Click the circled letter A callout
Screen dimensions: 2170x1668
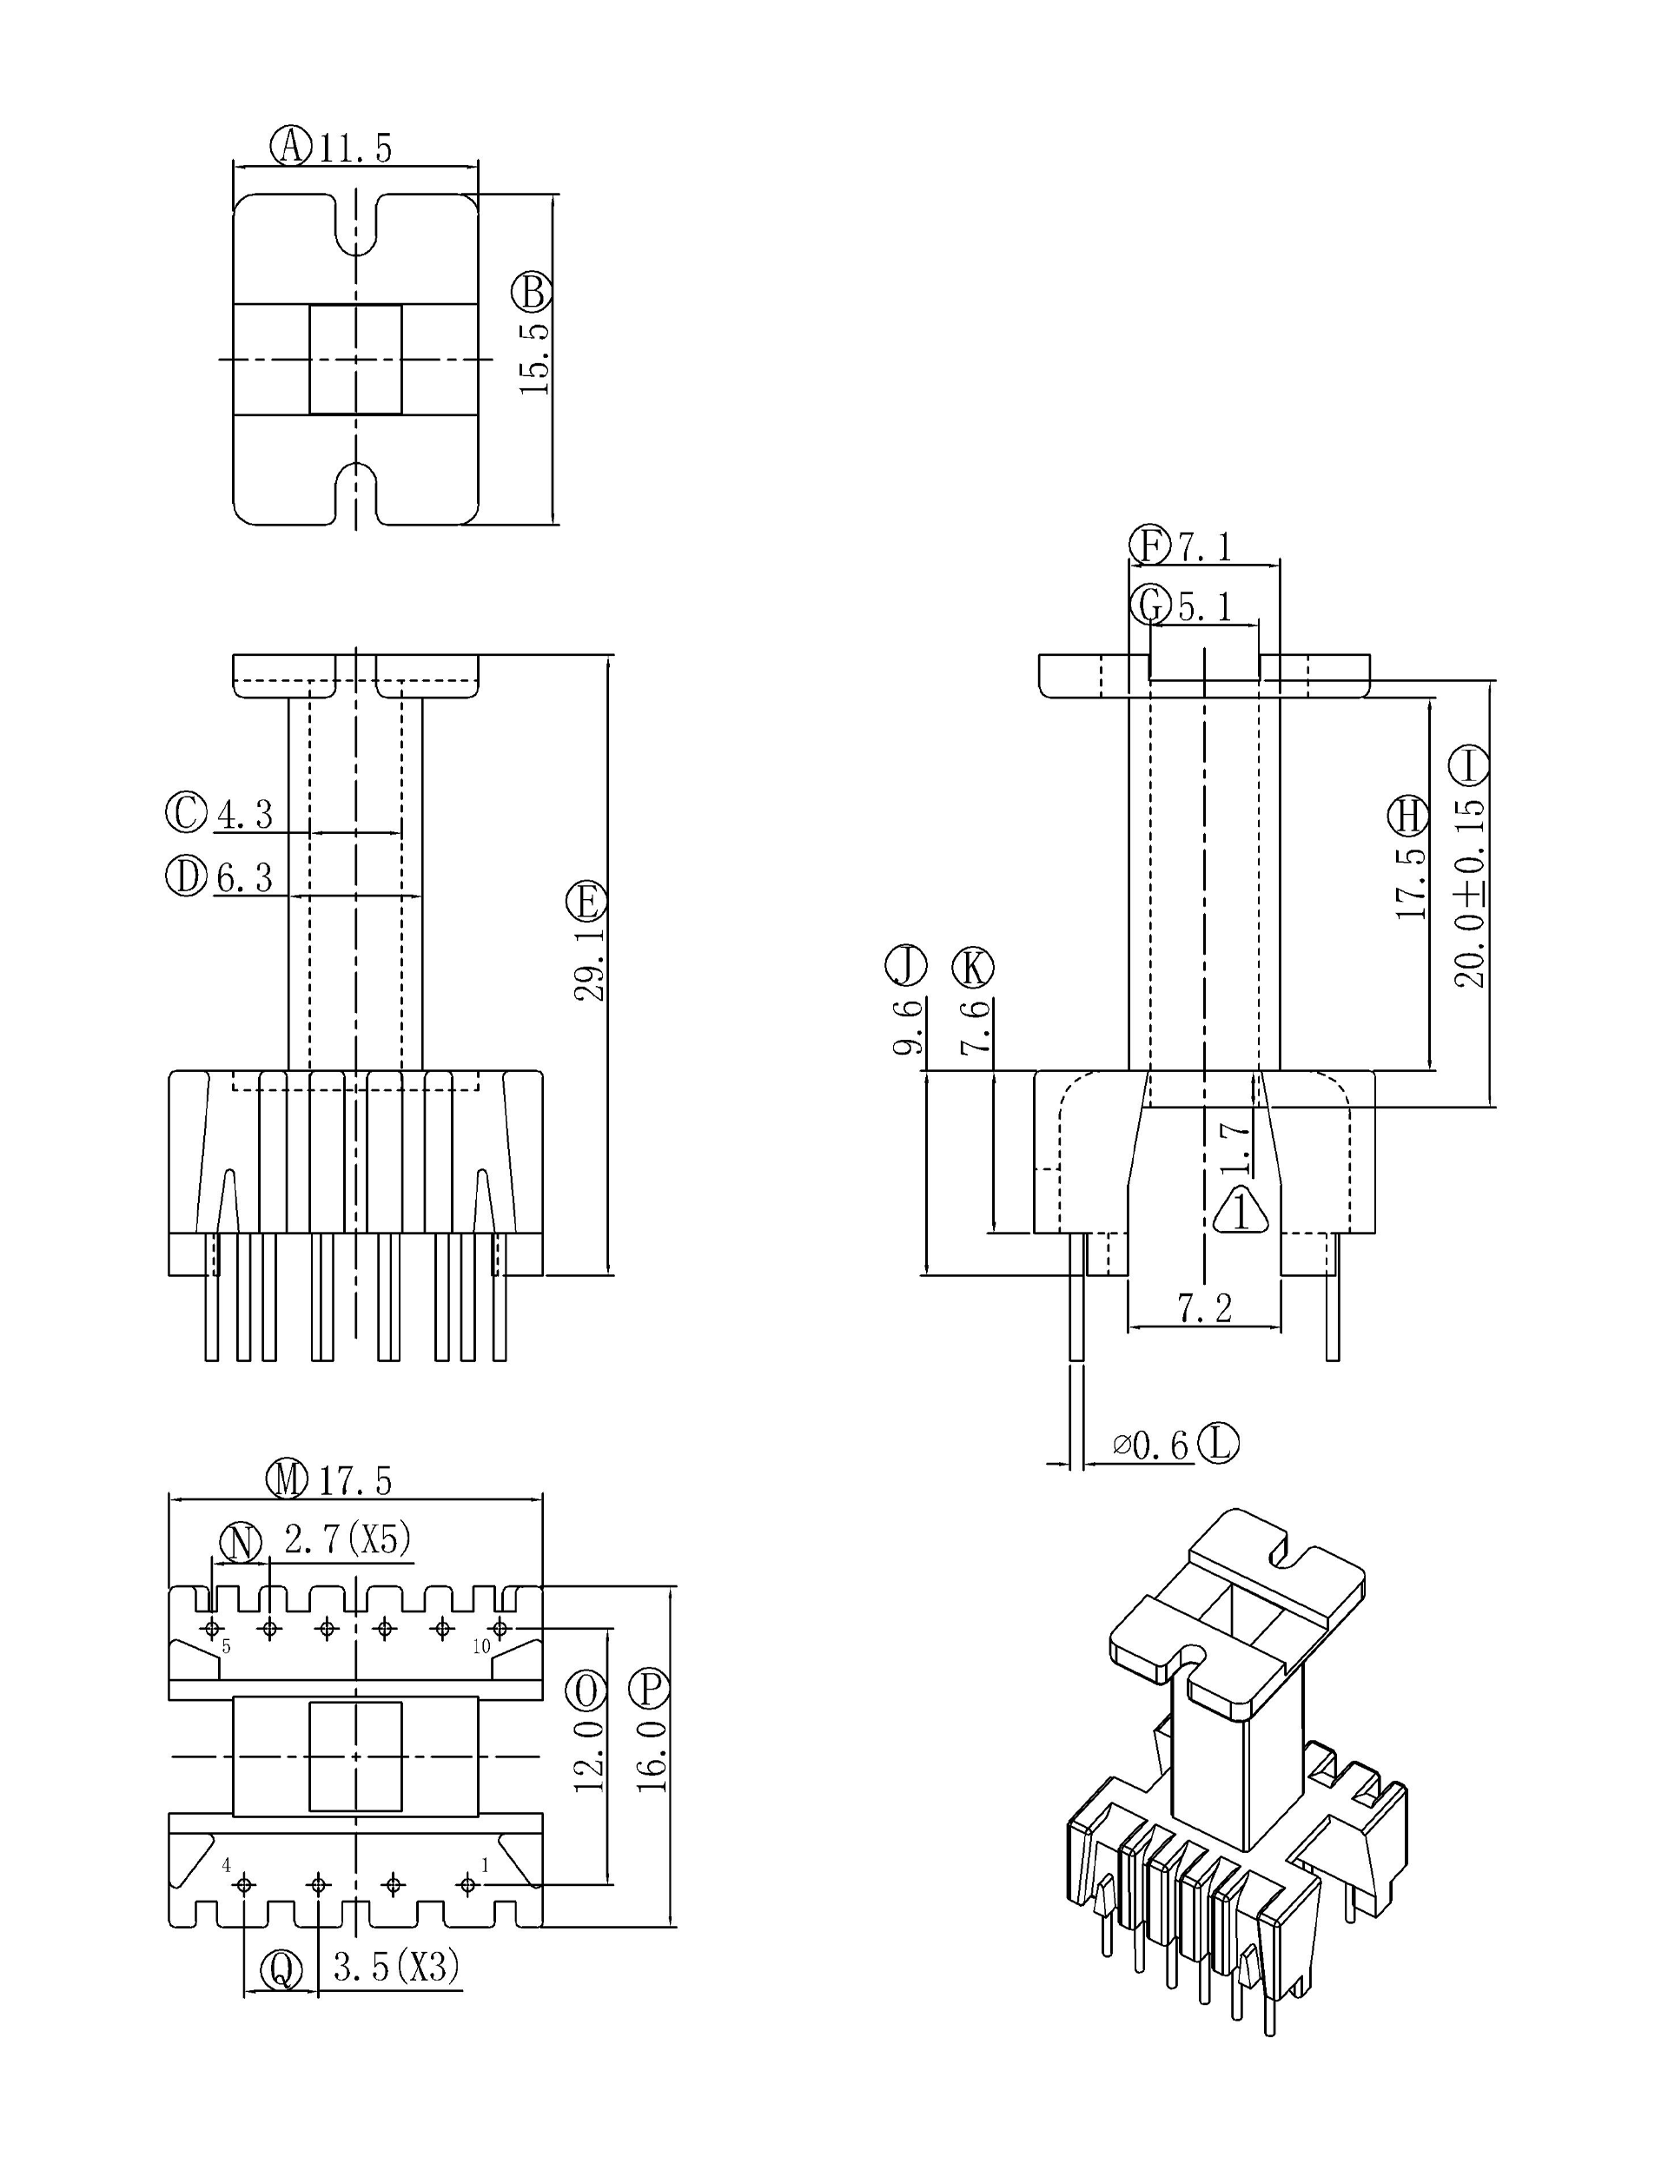point(291,146)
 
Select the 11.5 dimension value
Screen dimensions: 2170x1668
point(355,149)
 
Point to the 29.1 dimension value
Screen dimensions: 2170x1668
point(590,964)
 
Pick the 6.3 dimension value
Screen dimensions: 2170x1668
point(244,877)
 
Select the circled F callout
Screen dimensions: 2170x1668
point(1149,545)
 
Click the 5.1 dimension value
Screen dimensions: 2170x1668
point(1204,606)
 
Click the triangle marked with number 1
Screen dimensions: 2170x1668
point(1240,1212)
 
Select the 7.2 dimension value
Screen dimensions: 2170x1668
point(1204,1308)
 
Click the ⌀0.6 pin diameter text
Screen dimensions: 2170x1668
point(1151,1446)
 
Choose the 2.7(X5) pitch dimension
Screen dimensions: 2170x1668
point(347,1539)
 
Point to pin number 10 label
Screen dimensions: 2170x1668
point(481,1647)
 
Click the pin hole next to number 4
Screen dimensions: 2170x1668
point(245,1884)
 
